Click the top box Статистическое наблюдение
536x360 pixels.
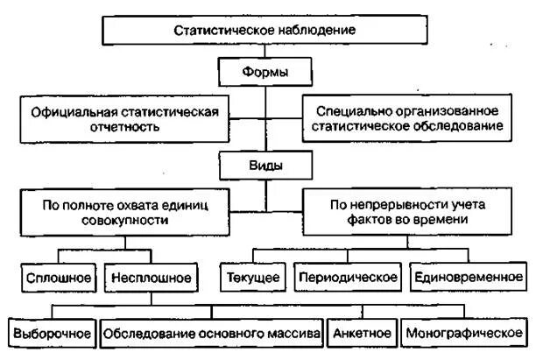point(264,30)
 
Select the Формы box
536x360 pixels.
point(264,71)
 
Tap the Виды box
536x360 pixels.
point(264,164)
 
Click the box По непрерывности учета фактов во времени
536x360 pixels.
point(406,211)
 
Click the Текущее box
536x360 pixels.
point(251,278)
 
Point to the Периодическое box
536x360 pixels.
point(347,278)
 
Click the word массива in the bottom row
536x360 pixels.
point(295,334)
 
